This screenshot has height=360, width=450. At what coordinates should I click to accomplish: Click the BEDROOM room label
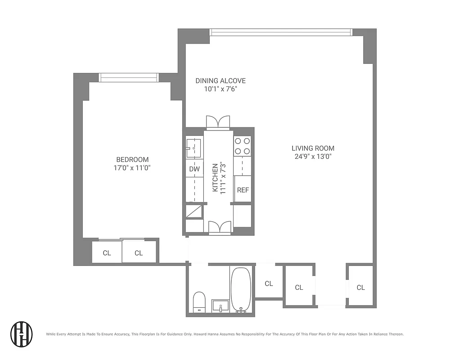[132, 159]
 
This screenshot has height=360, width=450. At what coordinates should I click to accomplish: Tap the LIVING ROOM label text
[313, 148]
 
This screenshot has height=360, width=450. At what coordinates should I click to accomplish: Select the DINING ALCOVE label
[220, 81]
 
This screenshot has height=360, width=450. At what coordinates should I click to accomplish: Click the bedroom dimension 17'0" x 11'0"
[132, 168]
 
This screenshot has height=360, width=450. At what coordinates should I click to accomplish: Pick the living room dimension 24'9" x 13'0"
[313, 157]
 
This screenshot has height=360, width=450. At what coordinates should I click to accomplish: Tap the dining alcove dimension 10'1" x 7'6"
[220, 89]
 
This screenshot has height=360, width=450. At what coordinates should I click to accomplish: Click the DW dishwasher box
[194, 169]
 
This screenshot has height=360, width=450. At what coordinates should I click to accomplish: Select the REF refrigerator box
[243, 189]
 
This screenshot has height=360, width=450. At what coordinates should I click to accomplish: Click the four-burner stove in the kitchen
[243, 146]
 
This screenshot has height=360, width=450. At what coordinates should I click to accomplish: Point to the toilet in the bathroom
[199, 301]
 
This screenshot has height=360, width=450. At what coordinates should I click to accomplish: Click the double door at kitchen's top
[218, 122]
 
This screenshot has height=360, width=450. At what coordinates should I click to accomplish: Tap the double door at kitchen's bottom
[220, 227]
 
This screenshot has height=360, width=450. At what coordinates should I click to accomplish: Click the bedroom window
[128, 78]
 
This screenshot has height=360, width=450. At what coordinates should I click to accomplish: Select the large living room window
[281, 32]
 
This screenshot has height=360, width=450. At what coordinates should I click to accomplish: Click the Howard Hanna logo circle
[22, 333]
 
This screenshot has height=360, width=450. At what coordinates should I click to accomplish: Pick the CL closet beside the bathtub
[269, 283]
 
